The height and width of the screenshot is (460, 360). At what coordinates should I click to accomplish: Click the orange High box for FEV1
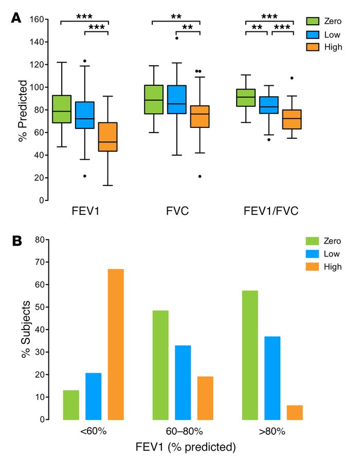(x=107, y=137)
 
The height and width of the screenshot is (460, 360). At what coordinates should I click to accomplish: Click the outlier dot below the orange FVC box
(x=199, y=176)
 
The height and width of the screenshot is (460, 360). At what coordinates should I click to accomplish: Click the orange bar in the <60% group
(x=116, y=344)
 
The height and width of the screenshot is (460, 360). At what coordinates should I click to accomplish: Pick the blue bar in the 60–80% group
(x=183, y=382)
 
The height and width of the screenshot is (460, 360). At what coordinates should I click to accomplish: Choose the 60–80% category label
(x=183, y=431)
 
